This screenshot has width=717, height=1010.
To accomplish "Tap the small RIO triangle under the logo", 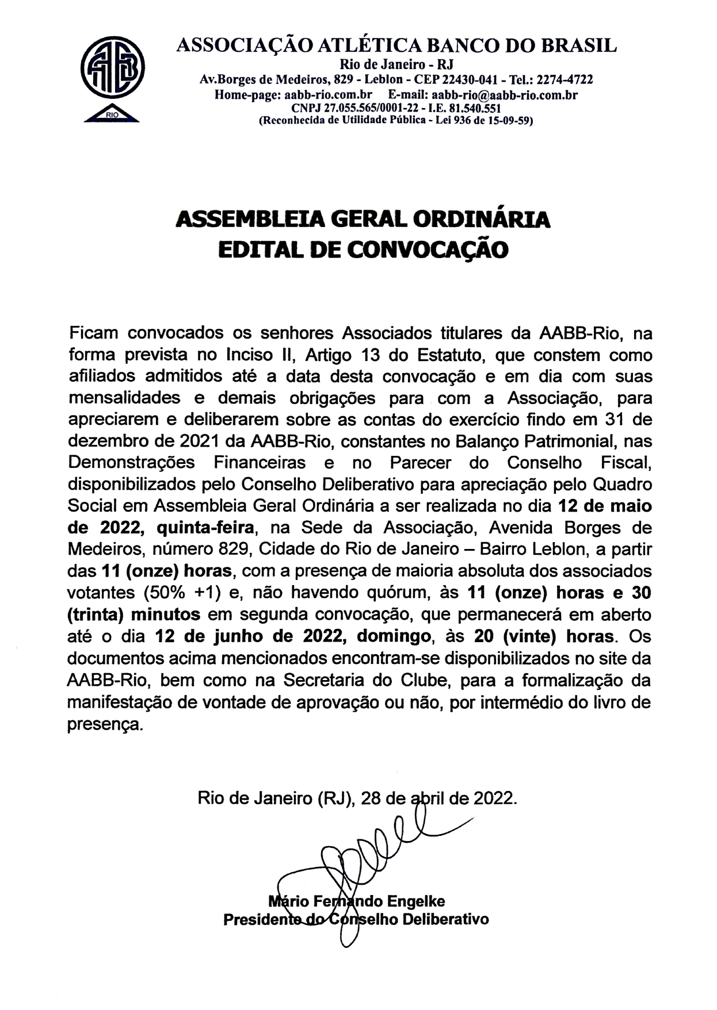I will [x=112, y=115].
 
